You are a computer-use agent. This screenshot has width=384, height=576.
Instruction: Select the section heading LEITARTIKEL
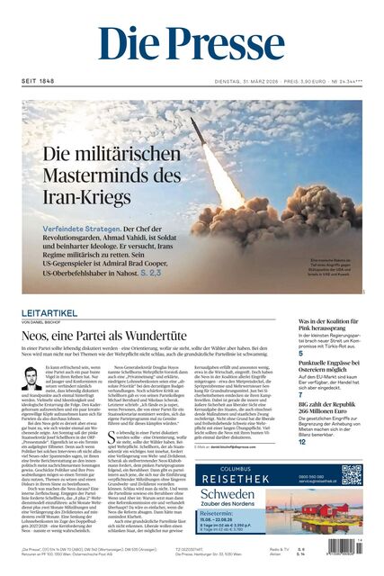click(x=49, y=312)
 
